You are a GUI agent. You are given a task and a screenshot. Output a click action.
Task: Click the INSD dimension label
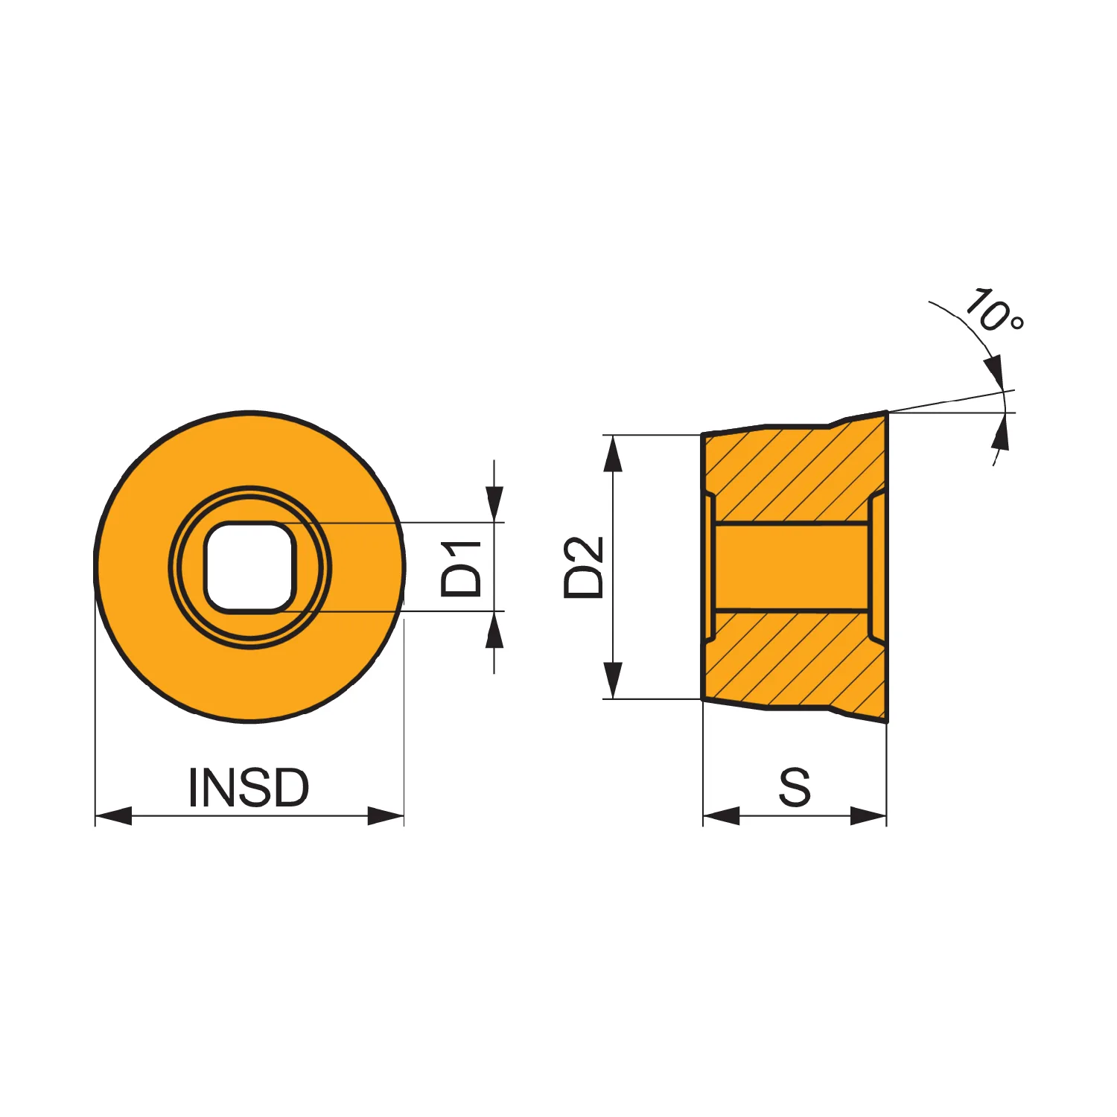[x=249, y=787]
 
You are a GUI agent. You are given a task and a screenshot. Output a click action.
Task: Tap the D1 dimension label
[x=462, y=569]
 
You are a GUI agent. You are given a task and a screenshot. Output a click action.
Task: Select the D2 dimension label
[x=584, y=567]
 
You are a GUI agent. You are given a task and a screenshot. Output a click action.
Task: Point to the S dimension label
[x=795, y=787]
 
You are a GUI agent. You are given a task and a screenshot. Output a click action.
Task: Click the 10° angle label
[x=994, y=311]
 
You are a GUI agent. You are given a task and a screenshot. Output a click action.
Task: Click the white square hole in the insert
[x=250, y=567]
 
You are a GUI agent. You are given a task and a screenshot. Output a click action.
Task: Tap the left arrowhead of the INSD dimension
[x=113, y=815]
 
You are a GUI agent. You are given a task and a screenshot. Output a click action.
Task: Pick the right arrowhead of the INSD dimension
[x=386, y=815]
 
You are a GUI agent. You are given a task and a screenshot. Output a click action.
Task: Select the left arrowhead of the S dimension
[x=721, y=815]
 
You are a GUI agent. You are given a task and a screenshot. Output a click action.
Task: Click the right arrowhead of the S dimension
[x=869, y=815]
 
